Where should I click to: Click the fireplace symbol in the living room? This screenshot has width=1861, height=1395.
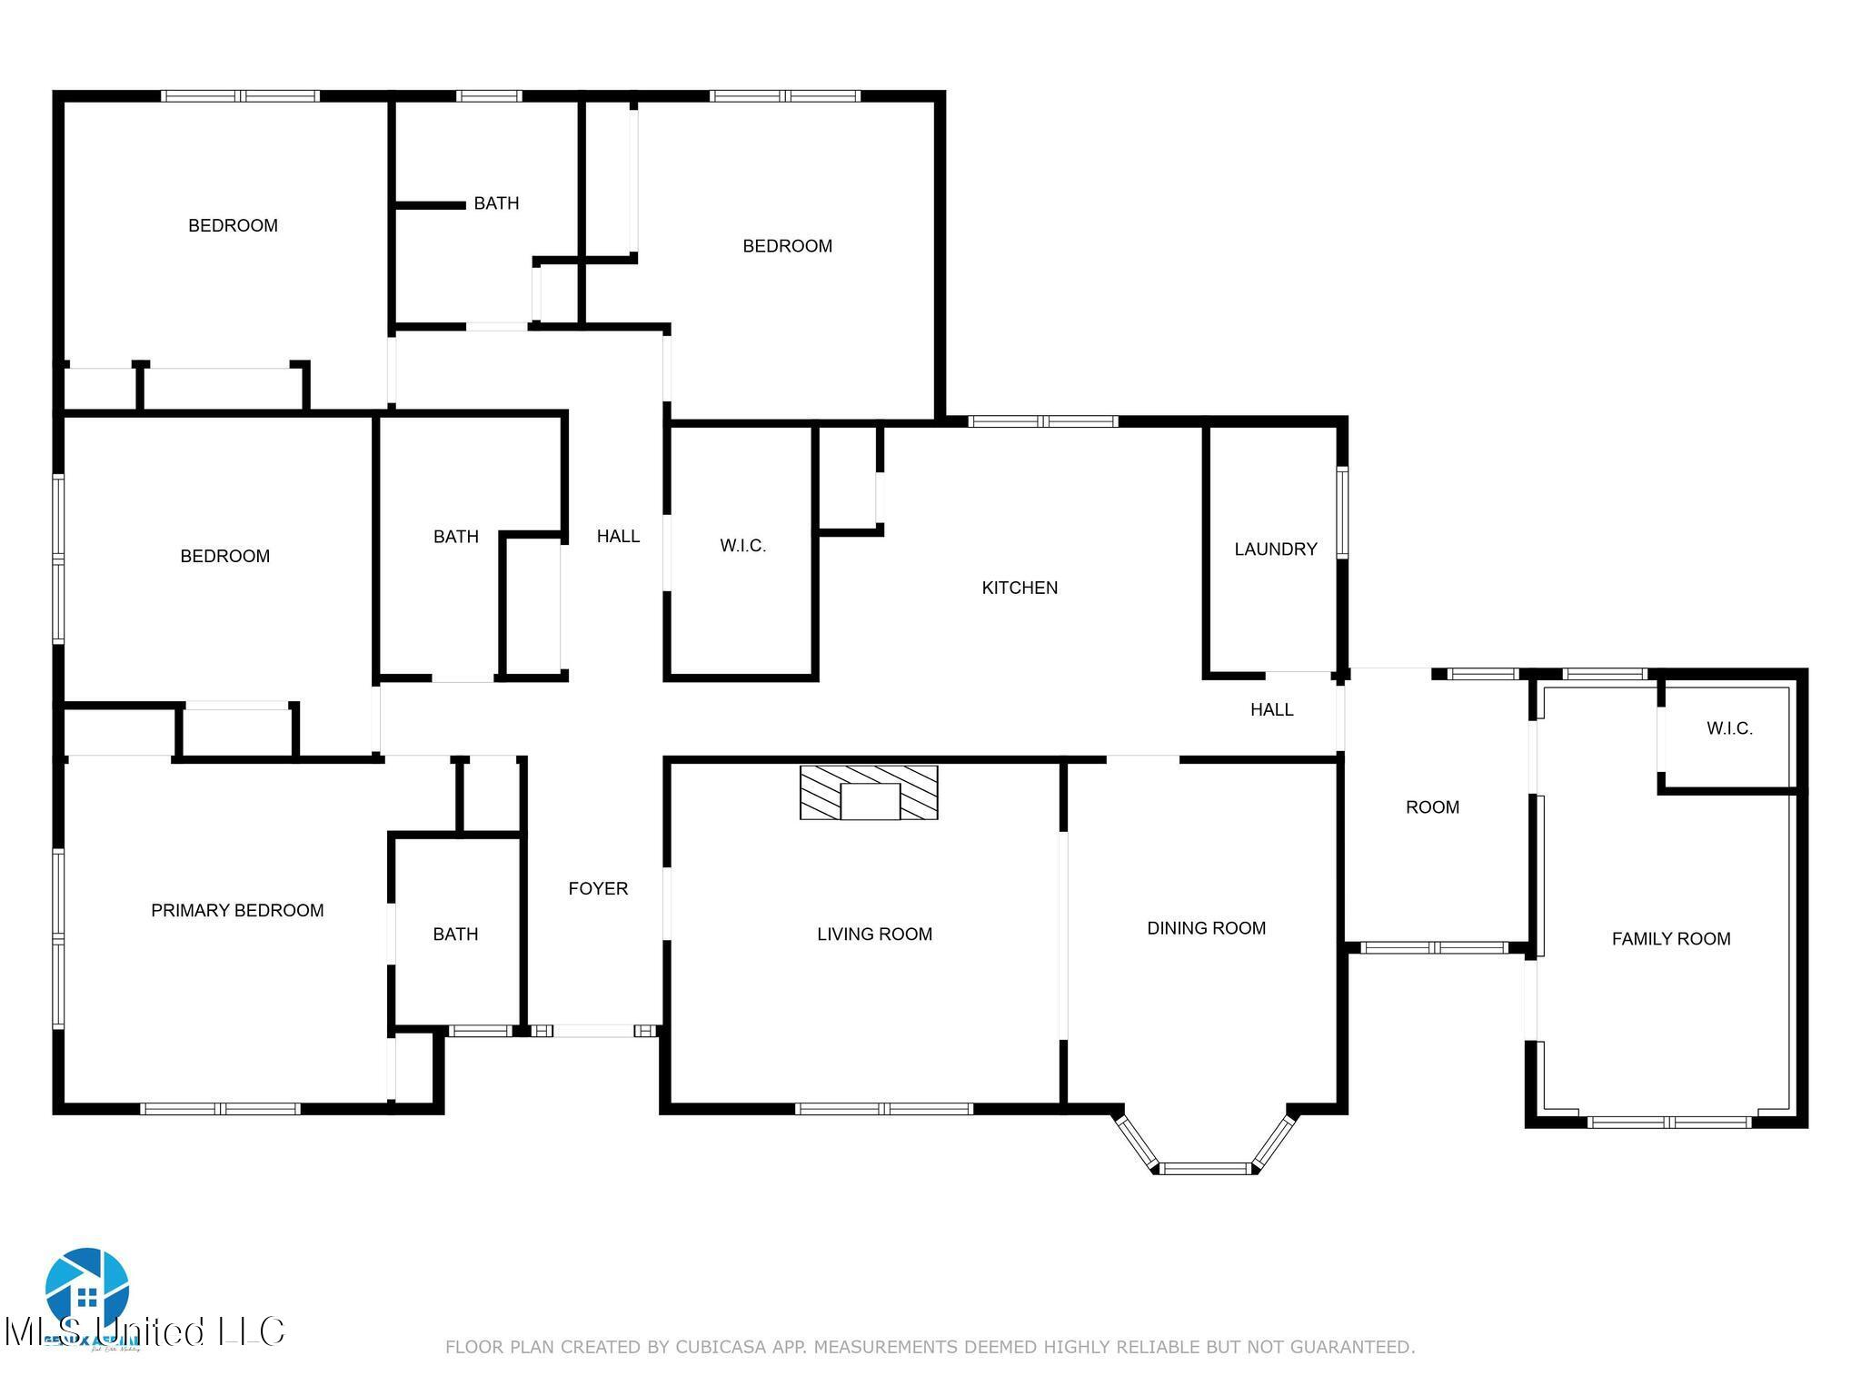[x=869, y=792]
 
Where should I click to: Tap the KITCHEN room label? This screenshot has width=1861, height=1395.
[x=1020, y=588]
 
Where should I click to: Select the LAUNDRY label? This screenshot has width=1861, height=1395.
[x=1275, y=549]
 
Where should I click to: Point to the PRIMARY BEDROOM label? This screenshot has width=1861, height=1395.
[x=237, y=910]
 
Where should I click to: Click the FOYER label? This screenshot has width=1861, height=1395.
[x=598, y=888]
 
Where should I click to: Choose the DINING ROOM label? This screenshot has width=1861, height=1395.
[x=1206, y=927]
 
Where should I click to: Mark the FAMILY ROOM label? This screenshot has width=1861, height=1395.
[x=1670, y=939]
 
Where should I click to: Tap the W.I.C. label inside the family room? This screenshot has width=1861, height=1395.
[x=1728, y=728]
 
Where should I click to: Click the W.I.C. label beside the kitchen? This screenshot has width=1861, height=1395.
[x=742, y=546]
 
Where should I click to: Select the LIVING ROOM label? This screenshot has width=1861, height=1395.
[x=874, y=934]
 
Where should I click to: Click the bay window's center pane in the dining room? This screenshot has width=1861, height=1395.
[x=1207, y=1168]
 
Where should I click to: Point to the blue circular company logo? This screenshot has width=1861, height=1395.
[x=87, y=1289]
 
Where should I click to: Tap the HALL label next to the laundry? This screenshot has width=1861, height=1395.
[x=1271, y=709]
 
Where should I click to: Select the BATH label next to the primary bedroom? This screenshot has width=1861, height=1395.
[x=455, y=934]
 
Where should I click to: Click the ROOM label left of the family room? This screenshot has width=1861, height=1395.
[x=1432, y=806]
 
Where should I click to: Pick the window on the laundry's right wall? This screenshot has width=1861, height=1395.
[x=1342, y=511]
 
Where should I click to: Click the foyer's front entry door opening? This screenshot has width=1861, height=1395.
[x=594, y=1031]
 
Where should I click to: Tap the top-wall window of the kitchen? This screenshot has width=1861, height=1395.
[x=1043, y=421]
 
